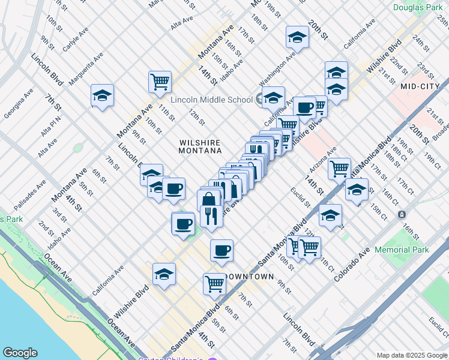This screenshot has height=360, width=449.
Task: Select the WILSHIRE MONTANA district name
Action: click(x=200, y=146)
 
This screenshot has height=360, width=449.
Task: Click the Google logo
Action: click(x=20, y=353)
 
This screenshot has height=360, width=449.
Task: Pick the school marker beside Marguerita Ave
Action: click(x=103, y=95)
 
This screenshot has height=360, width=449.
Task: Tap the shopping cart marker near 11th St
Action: click(x=160, y=82)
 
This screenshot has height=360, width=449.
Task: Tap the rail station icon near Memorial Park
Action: click(x=401, y=214)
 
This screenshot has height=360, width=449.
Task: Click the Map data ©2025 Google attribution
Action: click(x=411, y=355)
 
